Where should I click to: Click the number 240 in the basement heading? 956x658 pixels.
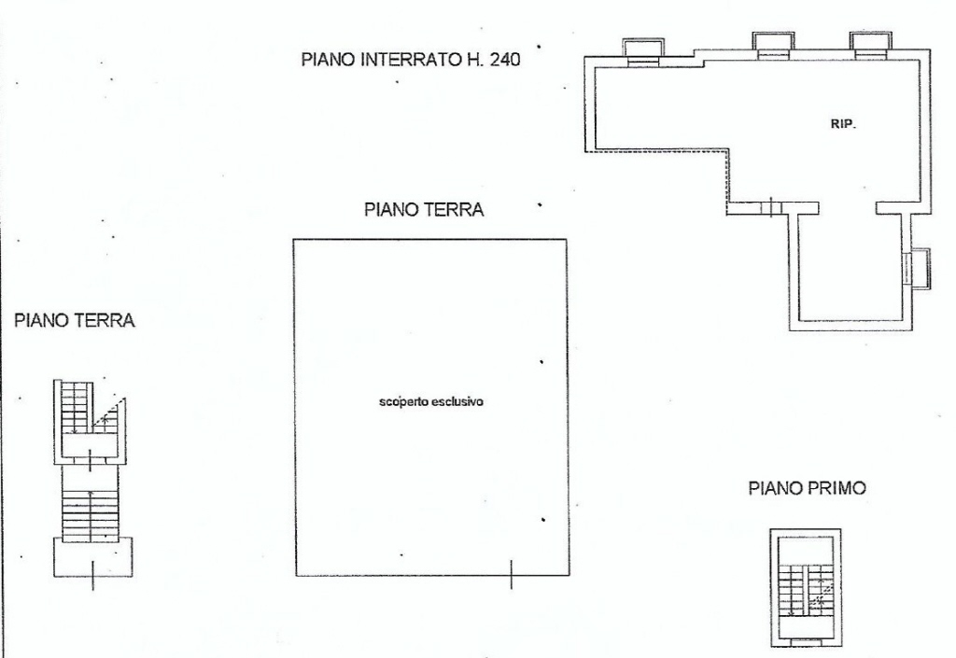pos(503,60)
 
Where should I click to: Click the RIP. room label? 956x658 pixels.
pos(843,124)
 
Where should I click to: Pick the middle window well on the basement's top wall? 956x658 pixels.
pos(773,45)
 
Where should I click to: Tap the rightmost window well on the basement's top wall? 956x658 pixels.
pos(871,45)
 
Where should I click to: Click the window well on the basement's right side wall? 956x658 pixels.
pos(918,268)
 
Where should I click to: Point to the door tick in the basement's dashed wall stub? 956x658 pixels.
pos(771,207)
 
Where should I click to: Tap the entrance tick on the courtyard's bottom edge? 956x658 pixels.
pos(511,575)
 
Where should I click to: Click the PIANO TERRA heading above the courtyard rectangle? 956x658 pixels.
pos(424,210)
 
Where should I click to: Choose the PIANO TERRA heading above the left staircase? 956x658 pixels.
pos(75,320)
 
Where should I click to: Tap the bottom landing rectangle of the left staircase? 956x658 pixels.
pos(92,556)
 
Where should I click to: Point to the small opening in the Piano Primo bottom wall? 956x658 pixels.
pos(806,641)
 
